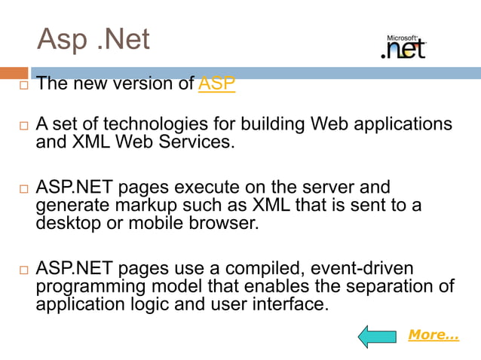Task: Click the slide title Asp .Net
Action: pyautogui.click(x=93, y=39)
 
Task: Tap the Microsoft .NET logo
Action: pyautogui.click(x=403, y=47)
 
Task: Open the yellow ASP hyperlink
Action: pyautogui.click(x=216, y=84)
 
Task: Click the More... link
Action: pyautogui.click(x=433, y=334)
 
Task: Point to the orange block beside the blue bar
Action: pyautogui.click(x=14, y=73)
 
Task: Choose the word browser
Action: pyautogui.click(x=225, y=222)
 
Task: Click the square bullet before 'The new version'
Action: pyautogui.click(x=23, y=84)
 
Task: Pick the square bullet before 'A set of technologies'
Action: pyautogui.click(x=23, y=124)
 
